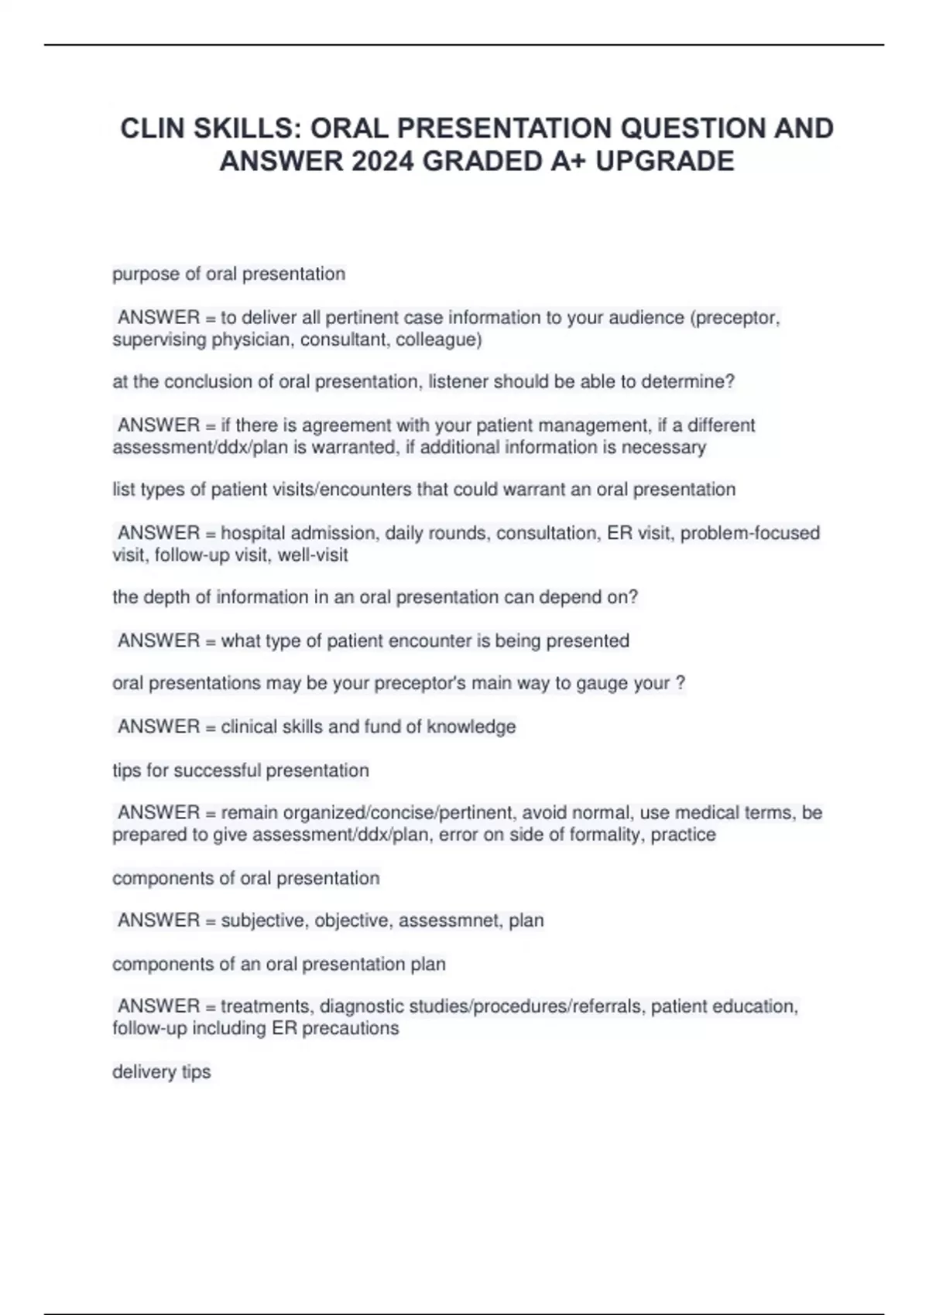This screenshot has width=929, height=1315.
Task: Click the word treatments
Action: [266, 1006]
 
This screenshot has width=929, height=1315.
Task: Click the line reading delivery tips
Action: [161, 1072]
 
